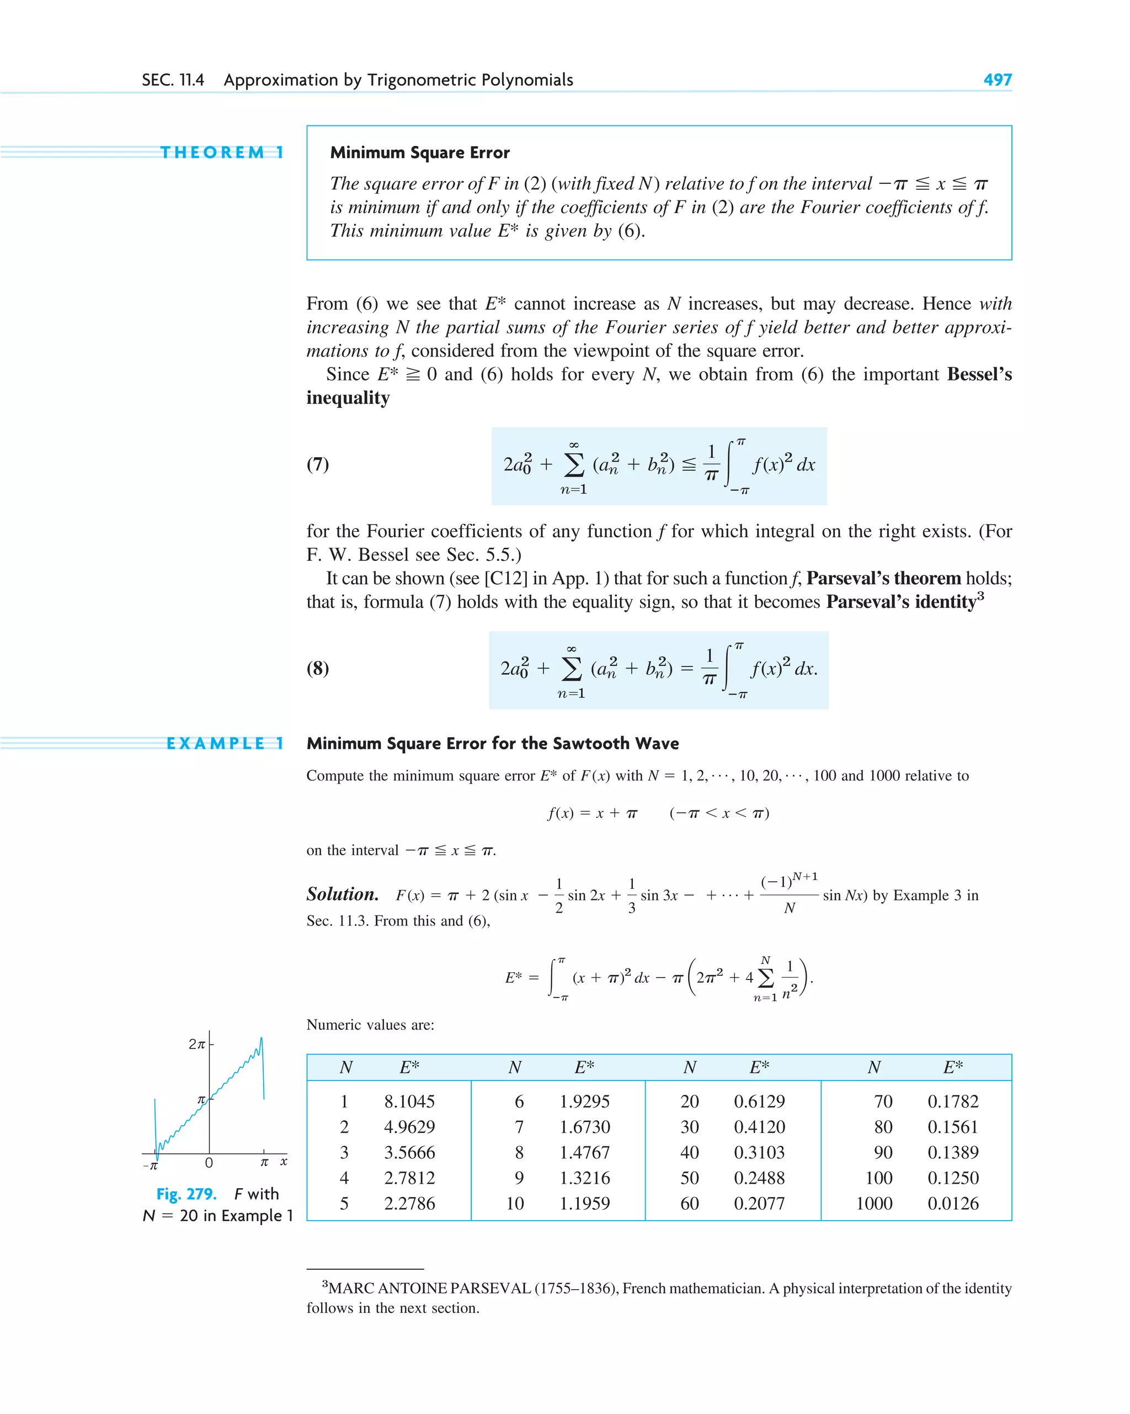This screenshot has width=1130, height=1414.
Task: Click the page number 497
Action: [997, 80]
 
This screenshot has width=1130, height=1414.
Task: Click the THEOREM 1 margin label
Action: [222, 153]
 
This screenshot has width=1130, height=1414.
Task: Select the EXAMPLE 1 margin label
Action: [225, 743]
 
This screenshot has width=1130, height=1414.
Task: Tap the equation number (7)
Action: [318, 464]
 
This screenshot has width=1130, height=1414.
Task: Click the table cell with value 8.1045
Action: [409, 1101]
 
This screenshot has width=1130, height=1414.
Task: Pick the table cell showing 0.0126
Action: [952, 1204]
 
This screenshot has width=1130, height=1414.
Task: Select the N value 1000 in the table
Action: [874, 1204]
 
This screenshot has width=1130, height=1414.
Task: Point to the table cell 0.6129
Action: [759, 1101]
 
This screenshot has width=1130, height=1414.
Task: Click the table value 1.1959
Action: [584, 1204]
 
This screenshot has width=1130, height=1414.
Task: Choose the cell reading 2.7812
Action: [409, 1178]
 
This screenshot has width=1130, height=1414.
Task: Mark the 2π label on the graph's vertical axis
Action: [196, 1044]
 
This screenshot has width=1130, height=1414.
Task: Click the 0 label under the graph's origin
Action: [209, 1163]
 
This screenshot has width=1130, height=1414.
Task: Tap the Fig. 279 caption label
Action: [186, 1194]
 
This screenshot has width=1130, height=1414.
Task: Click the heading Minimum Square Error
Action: [419, 153]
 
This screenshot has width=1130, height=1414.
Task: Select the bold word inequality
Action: [348, 398]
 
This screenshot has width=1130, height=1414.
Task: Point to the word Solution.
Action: [342, 894]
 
